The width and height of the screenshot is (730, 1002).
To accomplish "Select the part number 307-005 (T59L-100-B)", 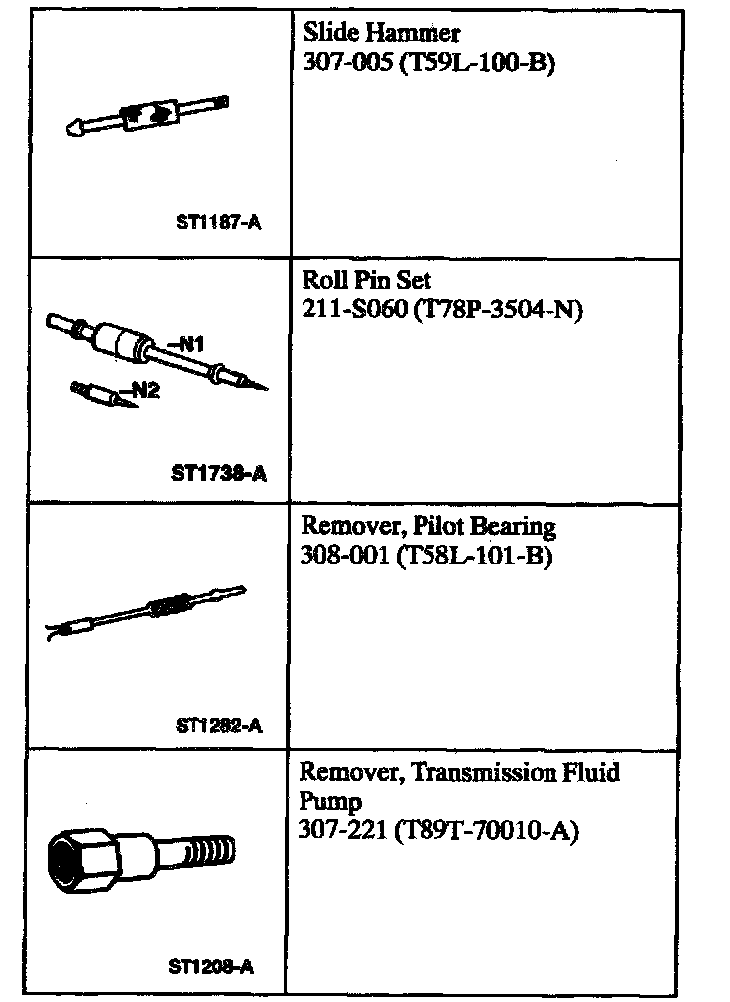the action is coord(427,64).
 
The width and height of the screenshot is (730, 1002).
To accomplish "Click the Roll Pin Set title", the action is coord(366,280).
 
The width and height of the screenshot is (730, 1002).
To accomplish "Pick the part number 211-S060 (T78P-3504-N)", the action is coord(441,310).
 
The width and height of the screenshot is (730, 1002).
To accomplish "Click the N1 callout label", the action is coord(186,345).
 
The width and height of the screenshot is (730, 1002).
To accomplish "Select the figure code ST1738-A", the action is coord(219,473).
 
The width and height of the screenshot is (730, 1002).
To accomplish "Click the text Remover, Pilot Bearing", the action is coord(427,526).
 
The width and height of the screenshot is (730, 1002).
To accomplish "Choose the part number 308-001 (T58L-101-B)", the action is coord(425,556).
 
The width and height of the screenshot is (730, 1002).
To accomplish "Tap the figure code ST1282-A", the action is coord(218,725).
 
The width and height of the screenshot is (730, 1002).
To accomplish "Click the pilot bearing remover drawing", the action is coord(149,610).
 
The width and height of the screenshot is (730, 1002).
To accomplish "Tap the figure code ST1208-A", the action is coord(210,966).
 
